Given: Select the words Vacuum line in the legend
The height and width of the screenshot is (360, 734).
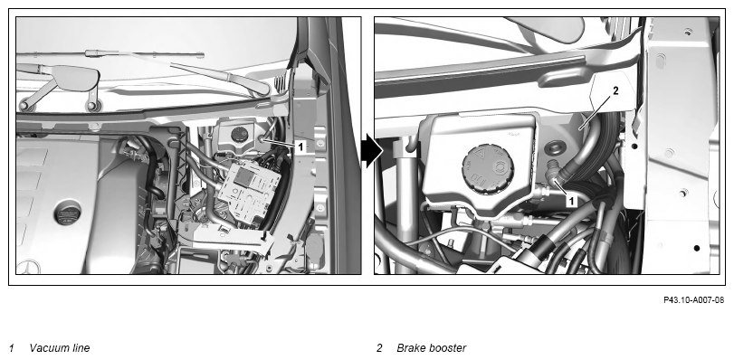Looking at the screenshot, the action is [x=60, y=348].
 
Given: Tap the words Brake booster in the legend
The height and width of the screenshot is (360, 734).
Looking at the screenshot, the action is [x=431, y=348].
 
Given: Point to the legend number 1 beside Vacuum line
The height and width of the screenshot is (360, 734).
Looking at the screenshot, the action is [x=12, y=348].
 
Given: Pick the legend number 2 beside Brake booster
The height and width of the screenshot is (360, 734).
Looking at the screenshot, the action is [x=379, y=348].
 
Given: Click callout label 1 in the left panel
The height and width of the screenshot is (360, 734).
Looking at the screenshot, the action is [x=301, y=147].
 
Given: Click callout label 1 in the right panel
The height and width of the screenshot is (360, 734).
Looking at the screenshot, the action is [x=571, y=202].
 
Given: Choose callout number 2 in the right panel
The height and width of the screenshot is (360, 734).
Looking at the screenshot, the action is [x=615, y=91].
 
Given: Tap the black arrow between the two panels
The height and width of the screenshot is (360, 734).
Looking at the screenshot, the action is [x=372, y=151].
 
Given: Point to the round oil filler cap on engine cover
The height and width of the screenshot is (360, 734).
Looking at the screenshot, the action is [x=67, y=215].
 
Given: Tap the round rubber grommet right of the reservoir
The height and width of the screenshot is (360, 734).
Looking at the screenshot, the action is [x=555, y=150].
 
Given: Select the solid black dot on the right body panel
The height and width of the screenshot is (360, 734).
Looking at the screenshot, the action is [x=697, y=248].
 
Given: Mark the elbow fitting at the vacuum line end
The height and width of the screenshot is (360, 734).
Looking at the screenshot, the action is [x=553, y=172].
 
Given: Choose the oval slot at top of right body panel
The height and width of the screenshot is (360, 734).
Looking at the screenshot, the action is [x=660, y=60].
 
